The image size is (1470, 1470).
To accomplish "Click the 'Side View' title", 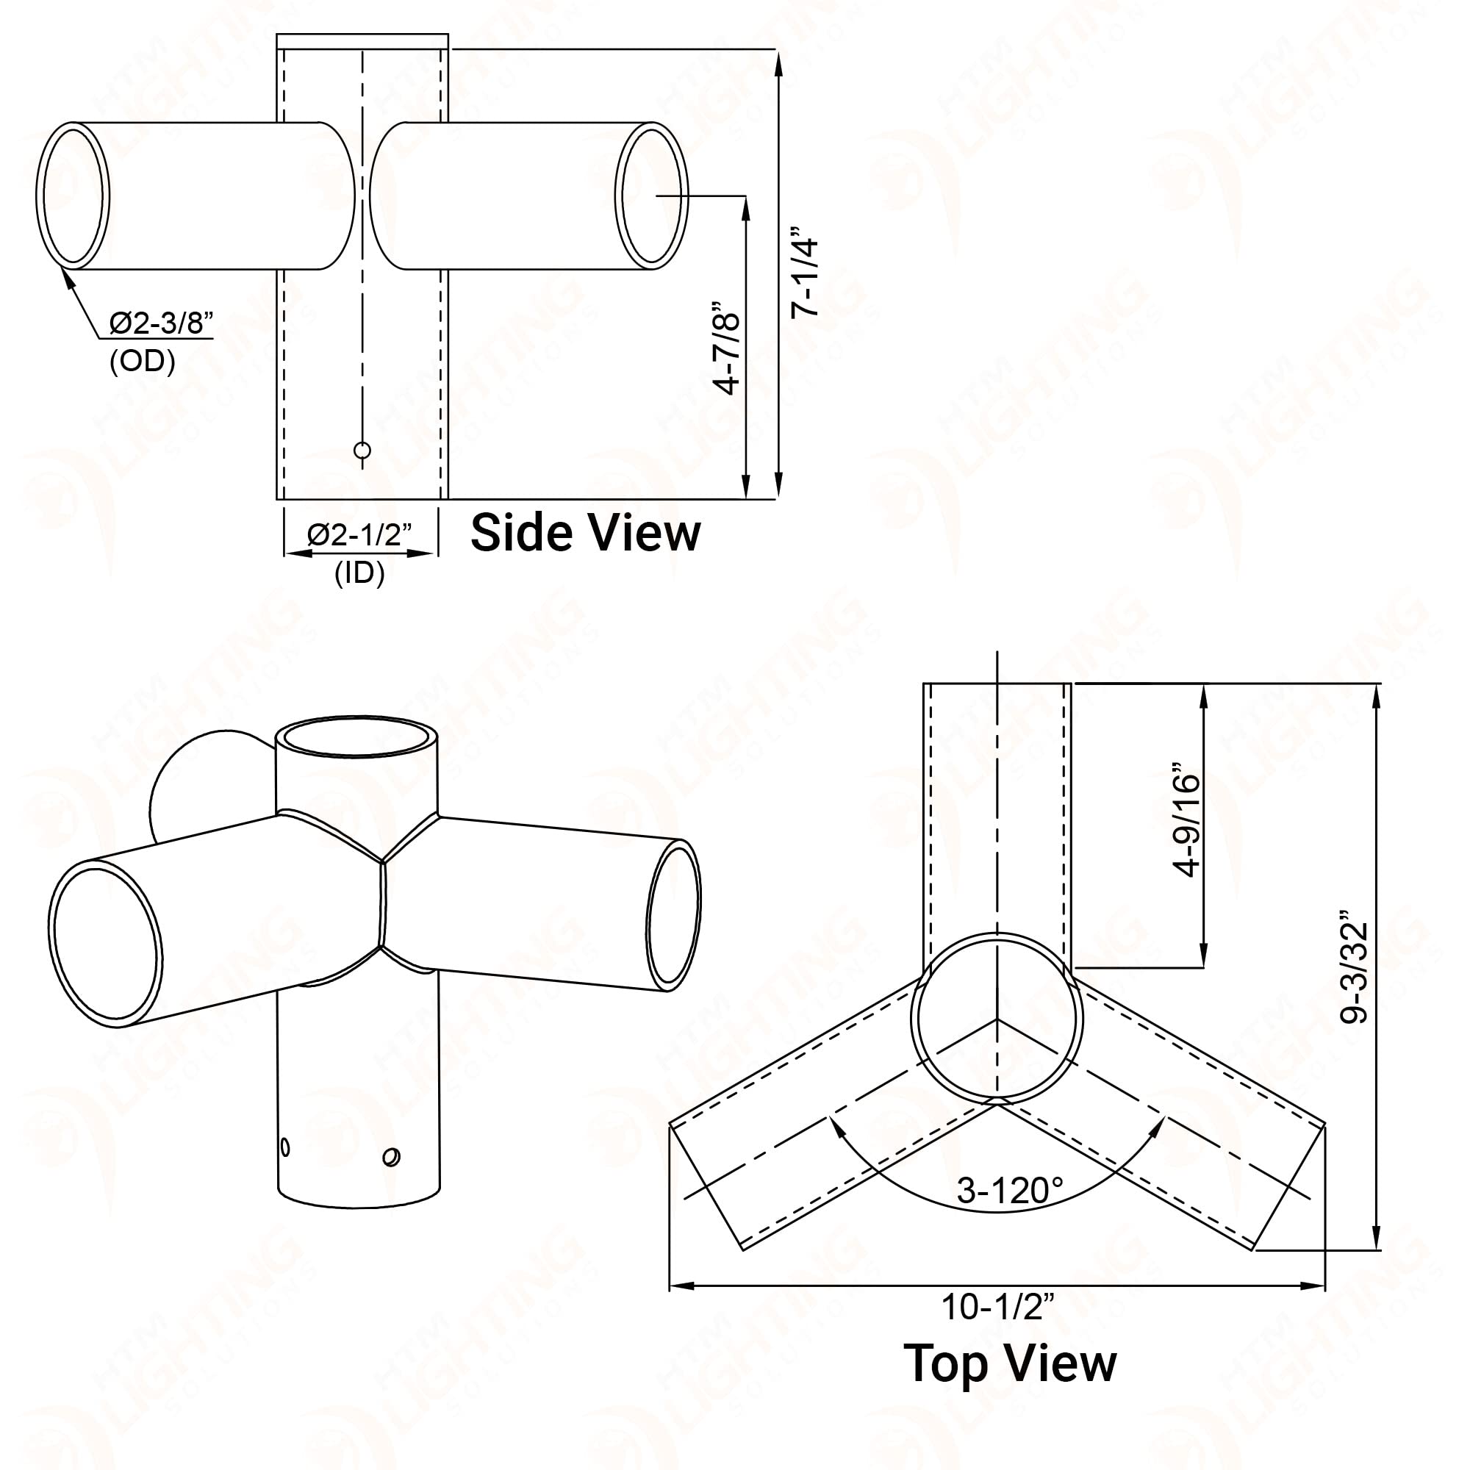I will click(x=585, y=534).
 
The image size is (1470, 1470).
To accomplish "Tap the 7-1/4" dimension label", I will click(x=805, y=272).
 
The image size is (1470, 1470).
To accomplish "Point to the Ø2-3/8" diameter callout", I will click(x=160, y=323).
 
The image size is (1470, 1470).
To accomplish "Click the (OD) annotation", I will click(x=143, y=362).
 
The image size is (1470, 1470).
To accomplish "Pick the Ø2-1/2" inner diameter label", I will click(x=359, y=535).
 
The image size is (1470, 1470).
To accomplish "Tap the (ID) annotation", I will click(x=359, y=573).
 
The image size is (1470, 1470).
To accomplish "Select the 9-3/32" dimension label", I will click(x=1355, y=967).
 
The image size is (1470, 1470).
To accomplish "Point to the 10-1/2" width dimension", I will click(x=997, y=1307).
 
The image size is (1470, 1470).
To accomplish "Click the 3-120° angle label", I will click(x=1009, y=1190).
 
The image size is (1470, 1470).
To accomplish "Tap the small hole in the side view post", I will click(x=362, y=451).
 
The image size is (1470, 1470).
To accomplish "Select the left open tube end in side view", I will click(x=73, y=196).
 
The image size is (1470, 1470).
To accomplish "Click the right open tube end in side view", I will click(x=651, y=196).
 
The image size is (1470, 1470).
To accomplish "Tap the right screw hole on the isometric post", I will click(x=392, y=1158).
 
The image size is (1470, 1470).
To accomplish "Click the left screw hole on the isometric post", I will click(x=285, y=1147).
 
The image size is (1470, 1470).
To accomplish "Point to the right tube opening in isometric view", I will click(x=673, y=914).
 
